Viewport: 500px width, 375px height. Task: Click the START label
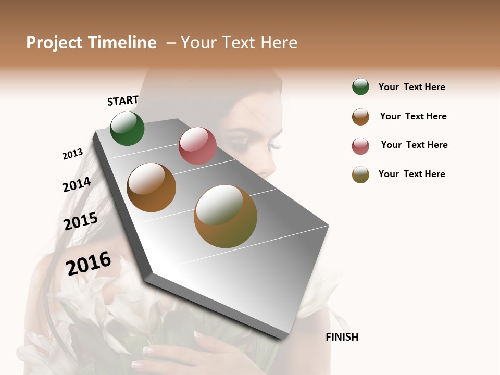click(123, 101)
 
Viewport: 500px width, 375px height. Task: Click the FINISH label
click(342, 337)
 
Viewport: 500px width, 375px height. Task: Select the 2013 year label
click(72, 154)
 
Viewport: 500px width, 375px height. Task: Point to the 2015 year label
click(81, 221)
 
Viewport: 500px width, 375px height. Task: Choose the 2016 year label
click(89, 264)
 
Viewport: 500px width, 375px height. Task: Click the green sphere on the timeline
click(127, 128)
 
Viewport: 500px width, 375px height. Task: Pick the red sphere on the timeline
click(197, 146)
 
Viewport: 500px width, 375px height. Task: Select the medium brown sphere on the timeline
click(151, 187)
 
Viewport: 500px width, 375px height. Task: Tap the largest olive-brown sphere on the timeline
click(226, 216)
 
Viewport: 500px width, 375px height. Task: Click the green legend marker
click(360, 86)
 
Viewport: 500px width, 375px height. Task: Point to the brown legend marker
click(360, 117)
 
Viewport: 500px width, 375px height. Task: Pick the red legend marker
click(360, 146)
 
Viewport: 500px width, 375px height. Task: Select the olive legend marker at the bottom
click(360, 174)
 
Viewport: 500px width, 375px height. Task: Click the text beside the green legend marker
click(411, 87)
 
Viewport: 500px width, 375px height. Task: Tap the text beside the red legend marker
click(414, 145)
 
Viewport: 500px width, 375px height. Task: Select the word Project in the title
click(54, 43)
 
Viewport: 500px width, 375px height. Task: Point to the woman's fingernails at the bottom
click(148, 351)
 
